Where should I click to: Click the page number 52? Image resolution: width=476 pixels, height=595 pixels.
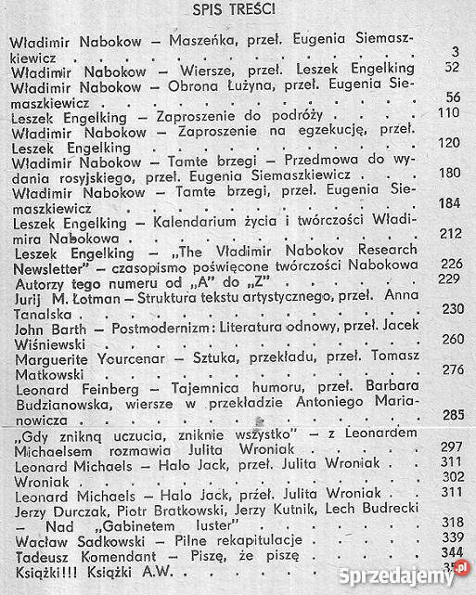[453, 67]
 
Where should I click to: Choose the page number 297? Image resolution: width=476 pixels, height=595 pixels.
[453, 446]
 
